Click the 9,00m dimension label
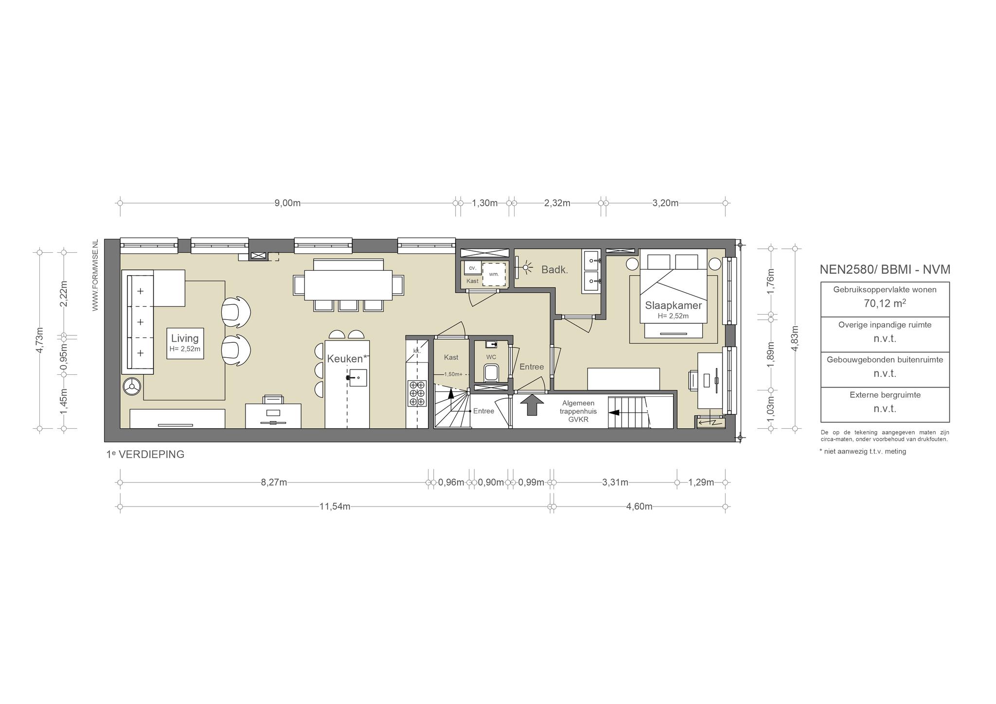[287, 203]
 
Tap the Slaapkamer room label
[673, 306]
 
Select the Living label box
[185, 343]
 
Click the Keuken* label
[347, 359]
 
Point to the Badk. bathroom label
[554, 270]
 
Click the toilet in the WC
[491, 373]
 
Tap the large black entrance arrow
[532, 405]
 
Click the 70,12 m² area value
[885, 304]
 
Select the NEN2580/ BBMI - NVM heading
[885, 269]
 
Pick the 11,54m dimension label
[335, 507]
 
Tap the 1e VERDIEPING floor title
[145, 455]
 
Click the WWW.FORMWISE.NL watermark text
[95, 275]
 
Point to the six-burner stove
[417, 393]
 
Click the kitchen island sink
[357, 378]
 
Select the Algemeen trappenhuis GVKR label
[578, 411]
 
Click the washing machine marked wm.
[494, 274]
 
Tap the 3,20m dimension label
[665, 203]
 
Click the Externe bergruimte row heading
[885, 395]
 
